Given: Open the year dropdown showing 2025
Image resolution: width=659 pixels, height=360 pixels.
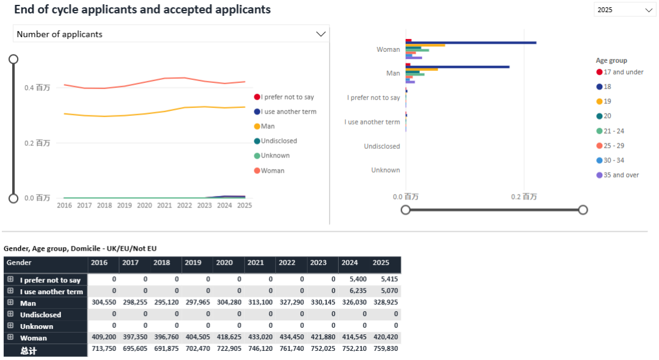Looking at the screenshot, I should point(624,10).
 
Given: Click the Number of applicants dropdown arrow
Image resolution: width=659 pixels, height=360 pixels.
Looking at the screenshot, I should point(321,34).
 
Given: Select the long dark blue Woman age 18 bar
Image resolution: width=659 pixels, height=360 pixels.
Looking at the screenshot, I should point(470,43).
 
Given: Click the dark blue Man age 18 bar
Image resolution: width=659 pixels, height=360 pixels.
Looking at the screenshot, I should point(458,67).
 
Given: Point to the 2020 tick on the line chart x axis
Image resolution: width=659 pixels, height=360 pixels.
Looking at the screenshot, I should point(145,206).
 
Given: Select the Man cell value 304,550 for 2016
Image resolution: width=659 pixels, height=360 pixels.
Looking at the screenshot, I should point(104,303).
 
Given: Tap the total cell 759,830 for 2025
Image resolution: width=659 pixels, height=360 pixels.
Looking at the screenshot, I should point(385,350).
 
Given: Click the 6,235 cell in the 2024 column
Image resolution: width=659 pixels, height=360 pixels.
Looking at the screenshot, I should point(354,292).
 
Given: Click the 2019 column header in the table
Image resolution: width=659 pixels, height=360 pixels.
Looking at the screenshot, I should point(193,263).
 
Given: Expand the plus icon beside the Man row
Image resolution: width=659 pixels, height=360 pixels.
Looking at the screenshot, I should point(10,303).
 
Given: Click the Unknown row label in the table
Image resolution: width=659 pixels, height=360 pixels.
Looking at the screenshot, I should point(37,326).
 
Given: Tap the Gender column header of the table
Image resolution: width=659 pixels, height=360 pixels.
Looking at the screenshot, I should point(20,263).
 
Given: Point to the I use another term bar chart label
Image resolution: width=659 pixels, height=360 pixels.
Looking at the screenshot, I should point(372,122).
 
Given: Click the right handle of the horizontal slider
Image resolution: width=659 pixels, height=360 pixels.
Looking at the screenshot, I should point(583,210).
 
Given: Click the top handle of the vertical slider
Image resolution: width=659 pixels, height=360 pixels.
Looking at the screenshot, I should point(13,59).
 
